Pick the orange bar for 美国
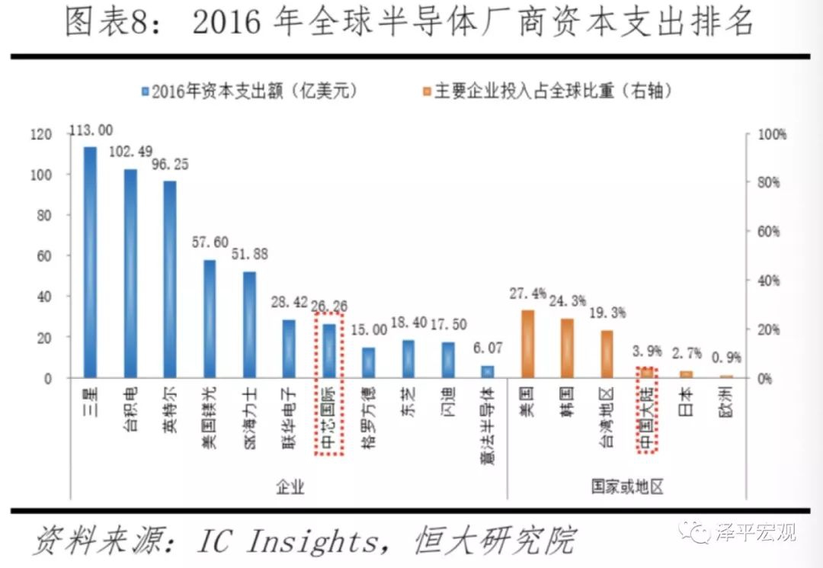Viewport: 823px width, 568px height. point(527,344)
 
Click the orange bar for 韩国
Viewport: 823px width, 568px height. point(567,348)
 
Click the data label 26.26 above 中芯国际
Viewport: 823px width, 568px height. point(329,306)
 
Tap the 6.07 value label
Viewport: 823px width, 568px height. point(487,347)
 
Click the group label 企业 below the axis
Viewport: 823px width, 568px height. point(289,486)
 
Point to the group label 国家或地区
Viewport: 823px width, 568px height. point(626,486)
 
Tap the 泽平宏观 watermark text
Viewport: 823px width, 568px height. point(754,531)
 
